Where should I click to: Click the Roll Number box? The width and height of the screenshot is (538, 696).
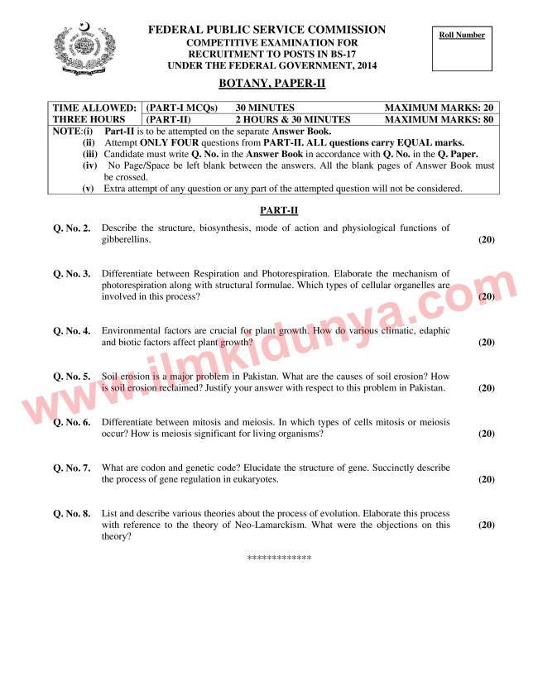point(462,51)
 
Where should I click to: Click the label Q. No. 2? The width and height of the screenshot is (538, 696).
point(72,228)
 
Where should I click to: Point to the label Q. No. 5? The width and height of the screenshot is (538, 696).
point(72,377)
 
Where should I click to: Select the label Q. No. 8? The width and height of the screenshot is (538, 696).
point(72,513)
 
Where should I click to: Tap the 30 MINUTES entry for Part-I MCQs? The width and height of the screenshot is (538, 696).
point(265,108)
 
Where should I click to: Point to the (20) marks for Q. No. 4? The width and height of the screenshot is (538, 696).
point(486,342)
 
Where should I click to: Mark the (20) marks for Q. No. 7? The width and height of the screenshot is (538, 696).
point(486,479)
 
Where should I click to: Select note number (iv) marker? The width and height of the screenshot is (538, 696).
point(90,166)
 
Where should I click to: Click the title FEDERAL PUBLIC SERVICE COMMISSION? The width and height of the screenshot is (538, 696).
point(267,30)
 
